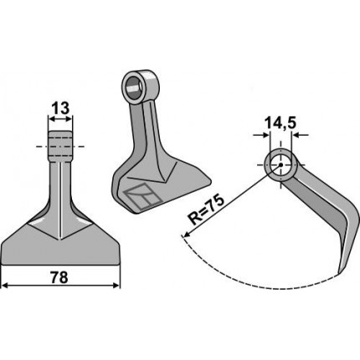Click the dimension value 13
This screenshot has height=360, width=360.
pos(60,109)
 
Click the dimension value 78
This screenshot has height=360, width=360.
pos(59,278)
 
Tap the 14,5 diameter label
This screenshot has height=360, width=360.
pos(280,123)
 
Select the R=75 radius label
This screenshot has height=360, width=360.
pos(206,211)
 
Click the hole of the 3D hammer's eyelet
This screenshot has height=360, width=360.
pos(134,88)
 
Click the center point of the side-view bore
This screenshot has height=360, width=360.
pos(280,165)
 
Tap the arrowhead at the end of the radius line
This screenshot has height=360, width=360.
pos(186,234)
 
